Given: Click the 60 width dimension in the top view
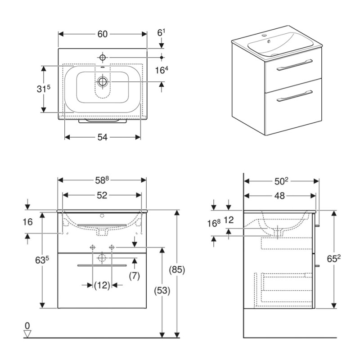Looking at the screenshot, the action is coord(103,34).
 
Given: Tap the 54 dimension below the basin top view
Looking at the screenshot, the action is coord(103,137).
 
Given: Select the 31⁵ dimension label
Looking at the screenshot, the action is coord(43,89).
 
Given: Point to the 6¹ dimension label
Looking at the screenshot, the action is coord(161,33).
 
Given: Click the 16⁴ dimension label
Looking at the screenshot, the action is coord(162,70).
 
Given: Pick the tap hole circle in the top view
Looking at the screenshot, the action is coord(103,57).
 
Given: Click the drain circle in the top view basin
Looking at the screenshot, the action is coord(103,81).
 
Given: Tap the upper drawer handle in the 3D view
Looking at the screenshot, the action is coord(295,65).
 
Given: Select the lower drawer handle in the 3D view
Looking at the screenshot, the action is coord(295,96).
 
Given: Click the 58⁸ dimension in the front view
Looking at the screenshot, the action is coord(102,180).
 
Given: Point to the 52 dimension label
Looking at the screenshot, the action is coord(102,195).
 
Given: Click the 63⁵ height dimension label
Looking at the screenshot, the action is coord(42,260).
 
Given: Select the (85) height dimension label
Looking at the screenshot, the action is coord(177,270).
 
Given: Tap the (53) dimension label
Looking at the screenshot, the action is coord(162,291).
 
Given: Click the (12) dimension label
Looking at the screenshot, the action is coord(102,285).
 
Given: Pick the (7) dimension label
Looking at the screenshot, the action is coord(134,275).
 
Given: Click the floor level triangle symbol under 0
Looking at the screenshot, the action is coord(27,334).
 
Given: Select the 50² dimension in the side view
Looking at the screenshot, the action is coord(281,181).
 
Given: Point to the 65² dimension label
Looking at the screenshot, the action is coord(334,259).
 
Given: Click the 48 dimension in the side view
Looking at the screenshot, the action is coord(279,196).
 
